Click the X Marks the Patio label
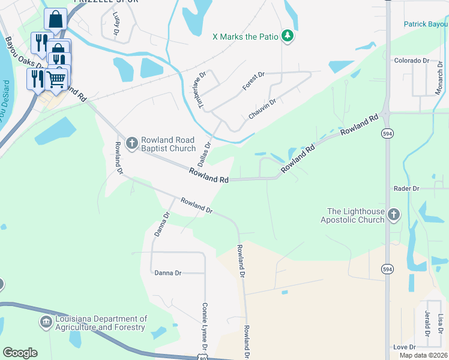tap(246, 37)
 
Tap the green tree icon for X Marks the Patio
tap(288, 37)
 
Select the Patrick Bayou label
tap(426, 25)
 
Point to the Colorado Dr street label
tap(412, 61)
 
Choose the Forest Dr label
tap(253, 82)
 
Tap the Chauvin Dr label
tap(262, 109)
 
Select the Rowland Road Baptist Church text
tap(168, 144)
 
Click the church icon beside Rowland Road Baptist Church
tap(133, 142)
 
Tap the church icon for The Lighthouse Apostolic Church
tap(394, 215)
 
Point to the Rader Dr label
tap(406, 188)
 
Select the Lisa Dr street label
tap(441, 325)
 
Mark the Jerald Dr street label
tap(427, 325)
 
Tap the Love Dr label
tap(405, 347)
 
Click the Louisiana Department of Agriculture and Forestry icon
tap(46, 323)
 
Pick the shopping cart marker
tap(56, 79)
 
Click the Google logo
tap(20, 353)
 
